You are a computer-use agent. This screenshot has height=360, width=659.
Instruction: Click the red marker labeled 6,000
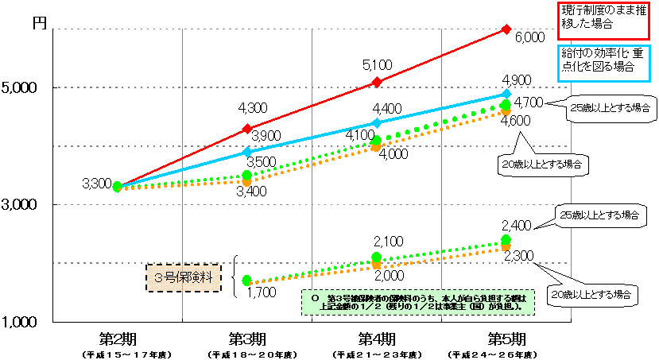[506, 29]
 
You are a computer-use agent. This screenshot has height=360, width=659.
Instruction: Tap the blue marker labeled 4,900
[506, 94]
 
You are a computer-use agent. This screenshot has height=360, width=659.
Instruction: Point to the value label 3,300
[96, 184]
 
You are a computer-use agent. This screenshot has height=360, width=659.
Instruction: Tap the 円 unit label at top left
[39, 23]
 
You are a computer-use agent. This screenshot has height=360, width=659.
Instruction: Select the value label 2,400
[518, 225]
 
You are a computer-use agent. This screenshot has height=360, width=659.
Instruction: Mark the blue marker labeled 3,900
[247, 151]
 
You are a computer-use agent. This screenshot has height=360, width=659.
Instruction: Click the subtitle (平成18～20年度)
[247, 353]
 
